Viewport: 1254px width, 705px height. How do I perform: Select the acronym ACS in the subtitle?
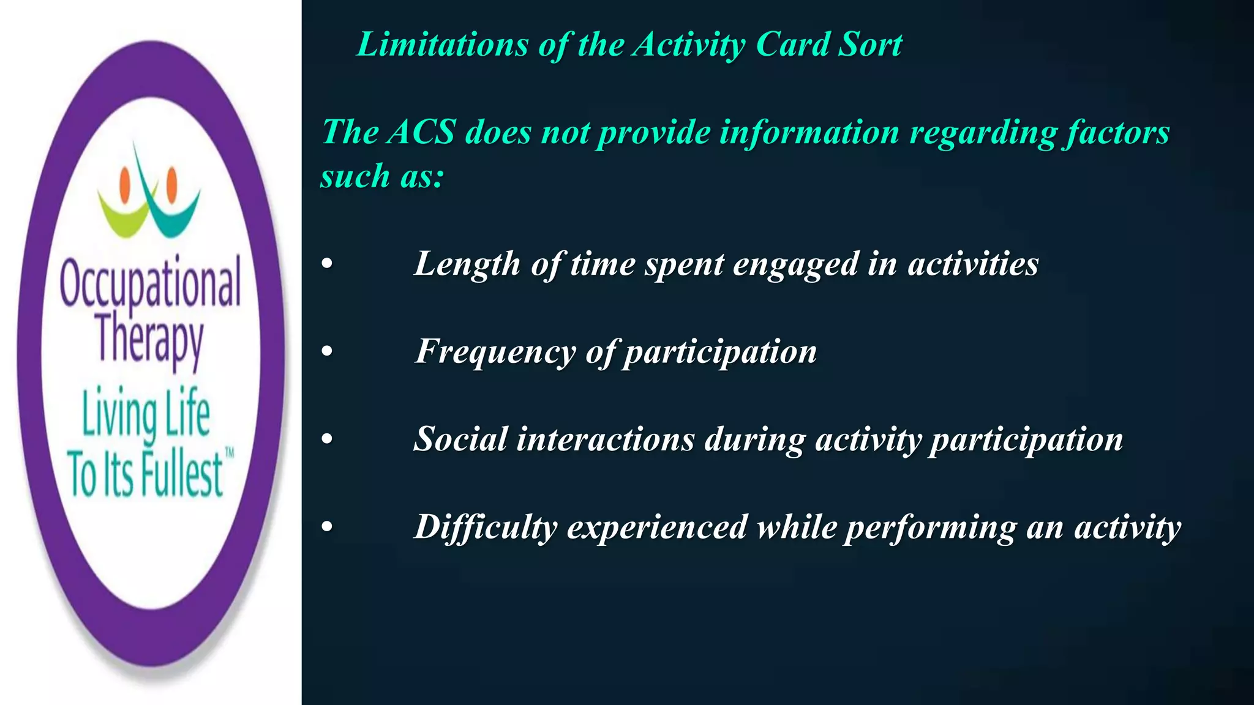[421, 132]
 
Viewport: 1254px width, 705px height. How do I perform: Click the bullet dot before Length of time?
[328, 264]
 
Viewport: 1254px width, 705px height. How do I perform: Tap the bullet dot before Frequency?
[328, 352]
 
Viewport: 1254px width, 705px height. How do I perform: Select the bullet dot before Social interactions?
[328, 439]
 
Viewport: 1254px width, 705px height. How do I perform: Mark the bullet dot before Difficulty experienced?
[328, 527]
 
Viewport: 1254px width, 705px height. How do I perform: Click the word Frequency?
[495, 352]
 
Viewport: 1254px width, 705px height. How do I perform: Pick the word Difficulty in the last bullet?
[486, 527]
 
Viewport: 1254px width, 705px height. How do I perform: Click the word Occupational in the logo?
[150, 283]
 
